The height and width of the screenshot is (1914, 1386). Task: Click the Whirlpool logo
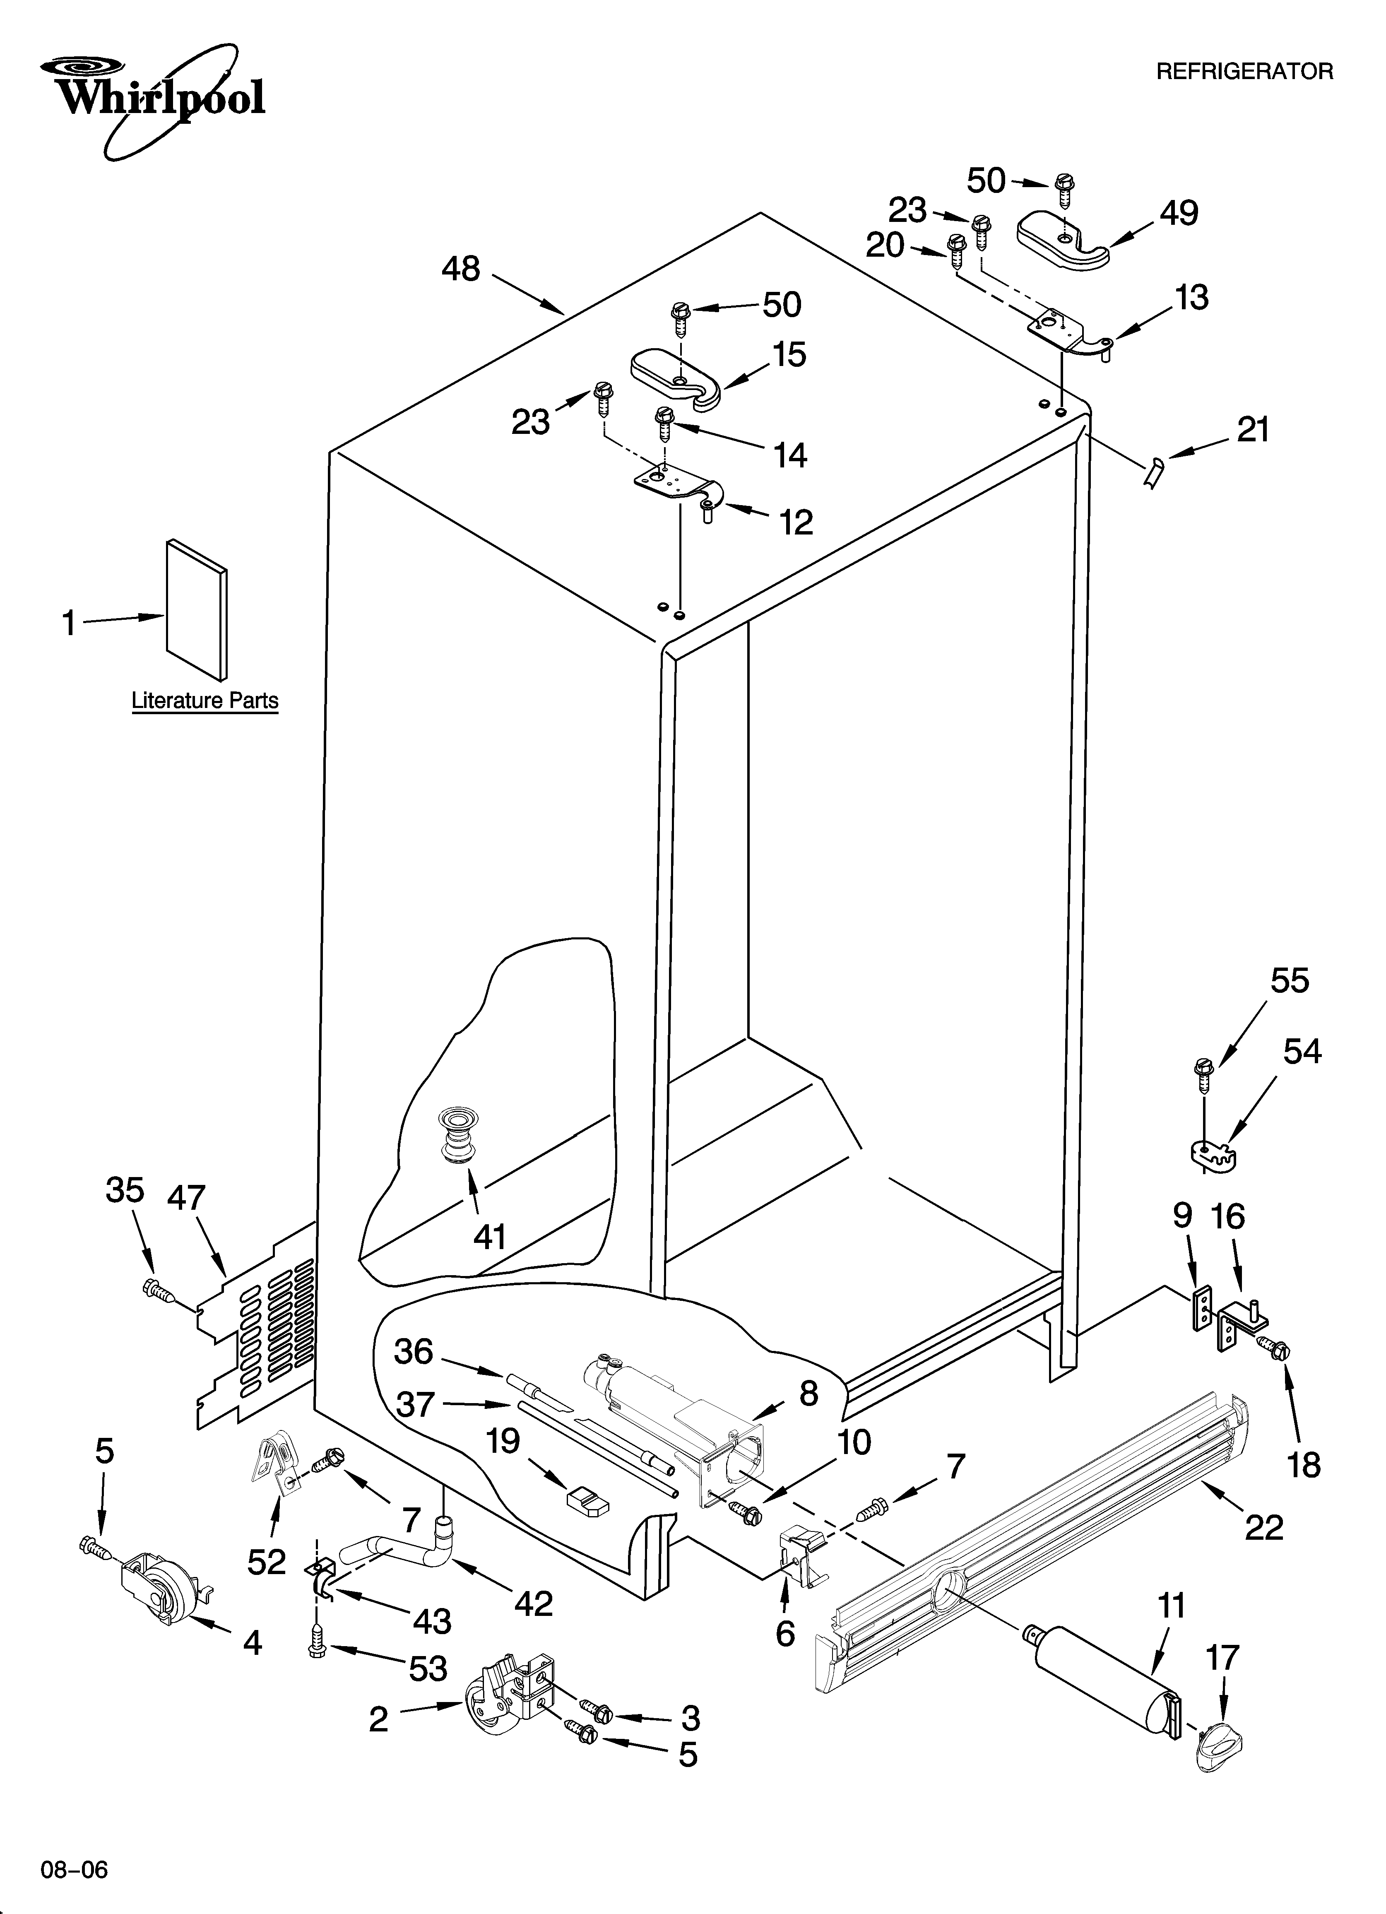(x=156, y=97)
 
